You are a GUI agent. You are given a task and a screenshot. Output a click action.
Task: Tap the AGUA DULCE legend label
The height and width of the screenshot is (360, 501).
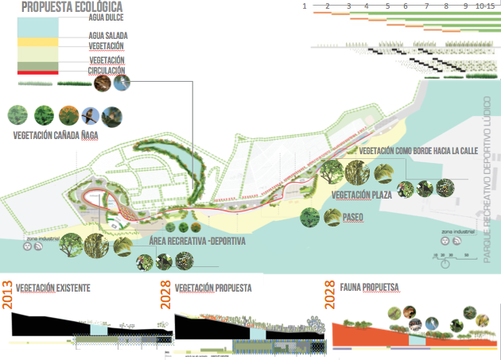[x=106, y=17]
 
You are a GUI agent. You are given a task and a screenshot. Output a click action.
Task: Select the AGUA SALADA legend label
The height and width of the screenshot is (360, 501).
[x=108, y=36]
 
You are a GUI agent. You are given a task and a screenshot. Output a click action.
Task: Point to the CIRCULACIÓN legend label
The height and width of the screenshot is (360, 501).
[x=106, y=69]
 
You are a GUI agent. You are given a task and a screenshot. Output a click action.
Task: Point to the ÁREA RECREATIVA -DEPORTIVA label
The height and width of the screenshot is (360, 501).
[x=197, y=240]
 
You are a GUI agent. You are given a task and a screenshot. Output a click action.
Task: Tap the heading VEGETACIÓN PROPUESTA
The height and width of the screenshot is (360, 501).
[x=213, y=287]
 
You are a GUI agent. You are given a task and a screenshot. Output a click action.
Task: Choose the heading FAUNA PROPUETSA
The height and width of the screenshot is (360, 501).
[x=369, y=287]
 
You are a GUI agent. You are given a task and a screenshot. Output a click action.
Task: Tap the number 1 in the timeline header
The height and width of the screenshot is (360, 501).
[x=305, y=6]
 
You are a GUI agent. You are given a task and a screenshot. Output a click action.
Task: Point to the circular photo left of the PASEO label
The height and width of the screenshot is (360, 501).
[x=310, y=215]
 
